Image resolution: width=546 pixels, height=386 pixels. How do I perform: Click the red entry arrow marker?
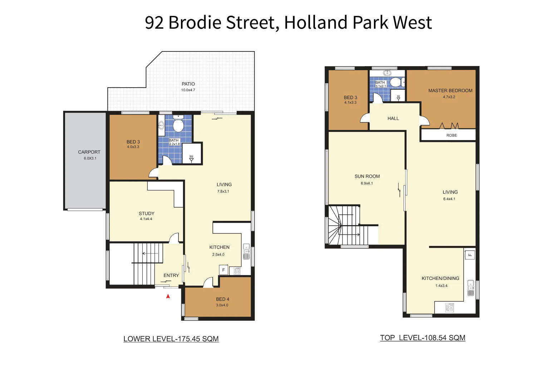click(168, 296)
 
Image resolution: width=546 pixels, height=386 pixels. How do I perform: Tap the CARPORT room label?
click(89, 152)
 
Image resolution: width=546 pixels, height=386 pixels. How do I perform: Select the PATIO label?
click(188, 84)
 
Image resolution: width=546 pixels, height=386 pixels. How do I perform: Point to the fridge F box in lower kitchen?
click(223, 270)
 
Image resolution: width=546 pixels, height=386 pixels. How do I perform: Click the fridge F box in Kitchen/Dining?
click(470, 255)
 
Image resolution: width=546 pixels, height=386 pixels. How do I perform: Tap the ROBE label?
click(452, 135)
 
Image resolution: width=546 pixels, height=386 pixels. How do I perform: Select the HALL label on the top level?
click(393, 118)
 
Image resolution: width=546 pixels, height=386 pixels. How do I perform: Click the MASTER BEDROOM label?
click(450, 91)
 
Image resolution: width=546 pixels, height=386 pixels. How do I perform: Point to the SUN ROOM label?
click(367, 176)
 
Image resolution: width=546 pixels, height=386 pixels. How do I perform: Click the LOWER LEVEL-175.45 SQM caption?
click(171, 339)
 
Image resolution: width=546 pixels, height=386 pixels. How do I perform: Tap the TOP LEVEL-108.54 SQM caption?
click(423, 338)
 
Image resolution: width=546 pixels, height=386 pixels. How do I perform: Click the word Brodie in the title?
click(195, 23)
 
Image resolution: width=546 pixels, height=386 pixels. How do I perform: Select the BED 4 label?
click(222, 299)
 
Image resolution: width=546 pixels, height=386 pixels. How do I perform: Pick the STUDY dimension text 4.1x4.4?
click(146, 219)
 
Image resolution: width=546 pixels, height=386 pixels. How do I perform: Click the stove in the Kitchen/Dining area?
click(449, 307)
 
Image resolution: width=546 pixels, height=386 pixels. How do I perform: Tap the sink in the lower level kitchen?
click(246, 252)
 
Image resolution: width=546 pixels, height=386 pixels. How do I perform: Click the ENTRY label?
click(171, 276)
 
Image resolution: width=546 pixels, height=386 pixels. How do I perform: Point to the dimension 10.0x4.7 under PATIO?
click(188, 90)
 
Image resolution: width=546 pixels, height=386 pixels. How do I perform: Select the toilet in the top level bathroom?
click(395, 82)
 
